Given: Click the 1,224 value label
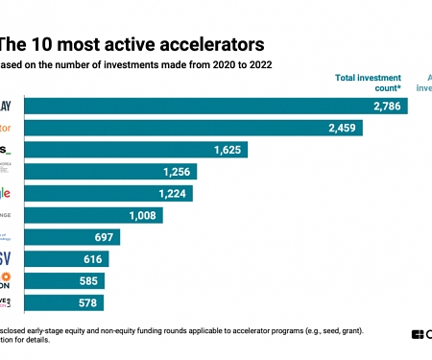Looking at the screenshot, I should (x=171, y=194).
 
